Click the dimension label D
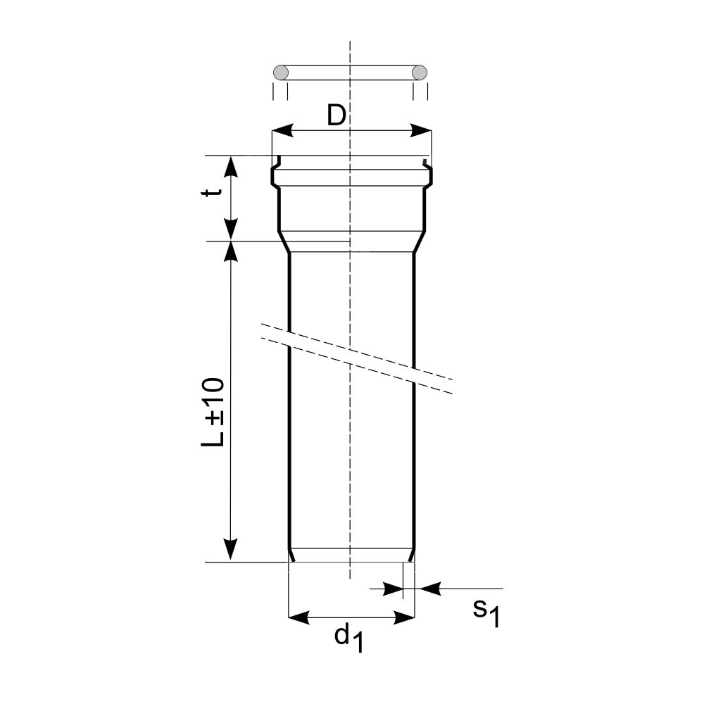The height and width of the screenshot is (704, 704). coord(337,115)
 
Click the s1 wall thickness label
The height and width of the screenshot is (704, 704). coord(486,612)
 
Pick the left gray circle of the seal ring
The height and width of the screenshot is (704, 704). coord(281,73)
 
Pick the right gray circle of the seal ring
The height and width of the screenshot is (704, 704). coord(420,73)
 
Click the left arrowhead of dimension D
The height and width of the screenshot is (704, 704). coord(282,131)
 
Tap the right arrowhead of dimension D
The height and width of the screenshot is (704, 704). coord(421,131)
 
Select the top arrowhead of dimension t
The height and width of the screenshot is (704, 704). coord(231,167)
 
